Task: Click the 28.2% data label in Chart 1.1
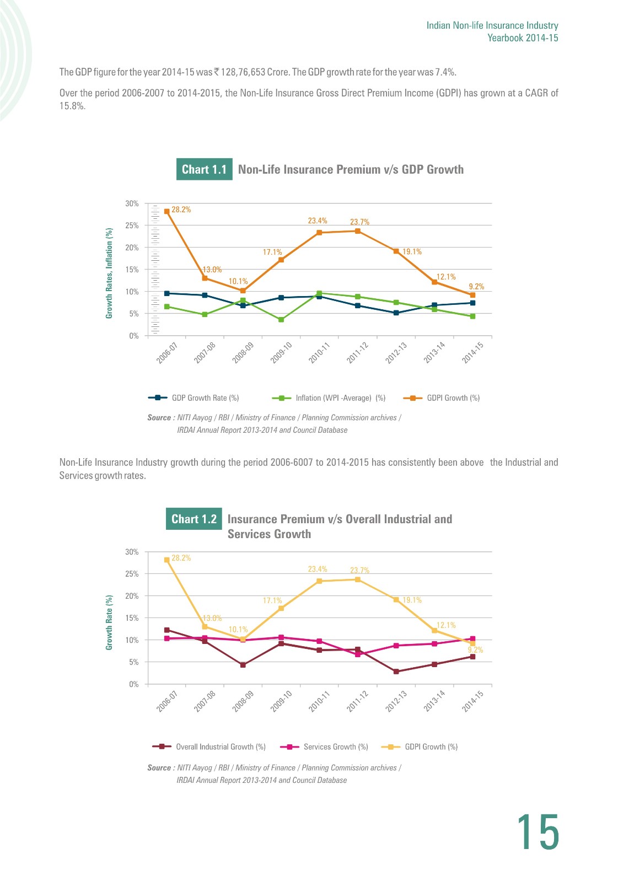(181, 210)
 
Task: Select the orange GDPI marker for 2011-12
(358, 231)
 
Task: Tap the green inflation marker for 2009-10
(281, 320)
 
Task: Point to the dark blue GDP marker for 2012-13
(396, 313)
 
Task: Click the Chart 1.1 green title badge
(205, 169)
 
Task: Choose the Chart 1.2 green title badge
(194, 519)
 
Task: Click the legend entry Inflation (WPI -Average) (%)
(329, 398)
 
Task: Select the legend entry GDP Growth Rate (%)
(194, 398)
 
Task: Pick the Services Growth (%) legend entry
(324, 747)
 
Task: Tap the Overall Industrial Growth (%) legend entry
(209, 747)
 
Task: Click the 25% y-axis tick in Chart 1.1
(132, 225)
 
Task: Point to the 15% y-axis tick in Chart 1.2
(132, 618)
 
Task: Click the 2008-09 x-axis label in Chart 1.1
(243, 353)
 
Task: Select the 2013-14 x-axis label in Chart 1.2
(434, 701)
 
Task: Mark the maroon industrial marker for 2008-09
(243, 665)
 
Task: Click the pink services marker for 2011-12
(358, 654)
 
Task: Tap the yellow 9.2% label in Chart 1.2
(475, 650)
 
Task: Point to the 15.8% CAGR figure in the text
(72, 106)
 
